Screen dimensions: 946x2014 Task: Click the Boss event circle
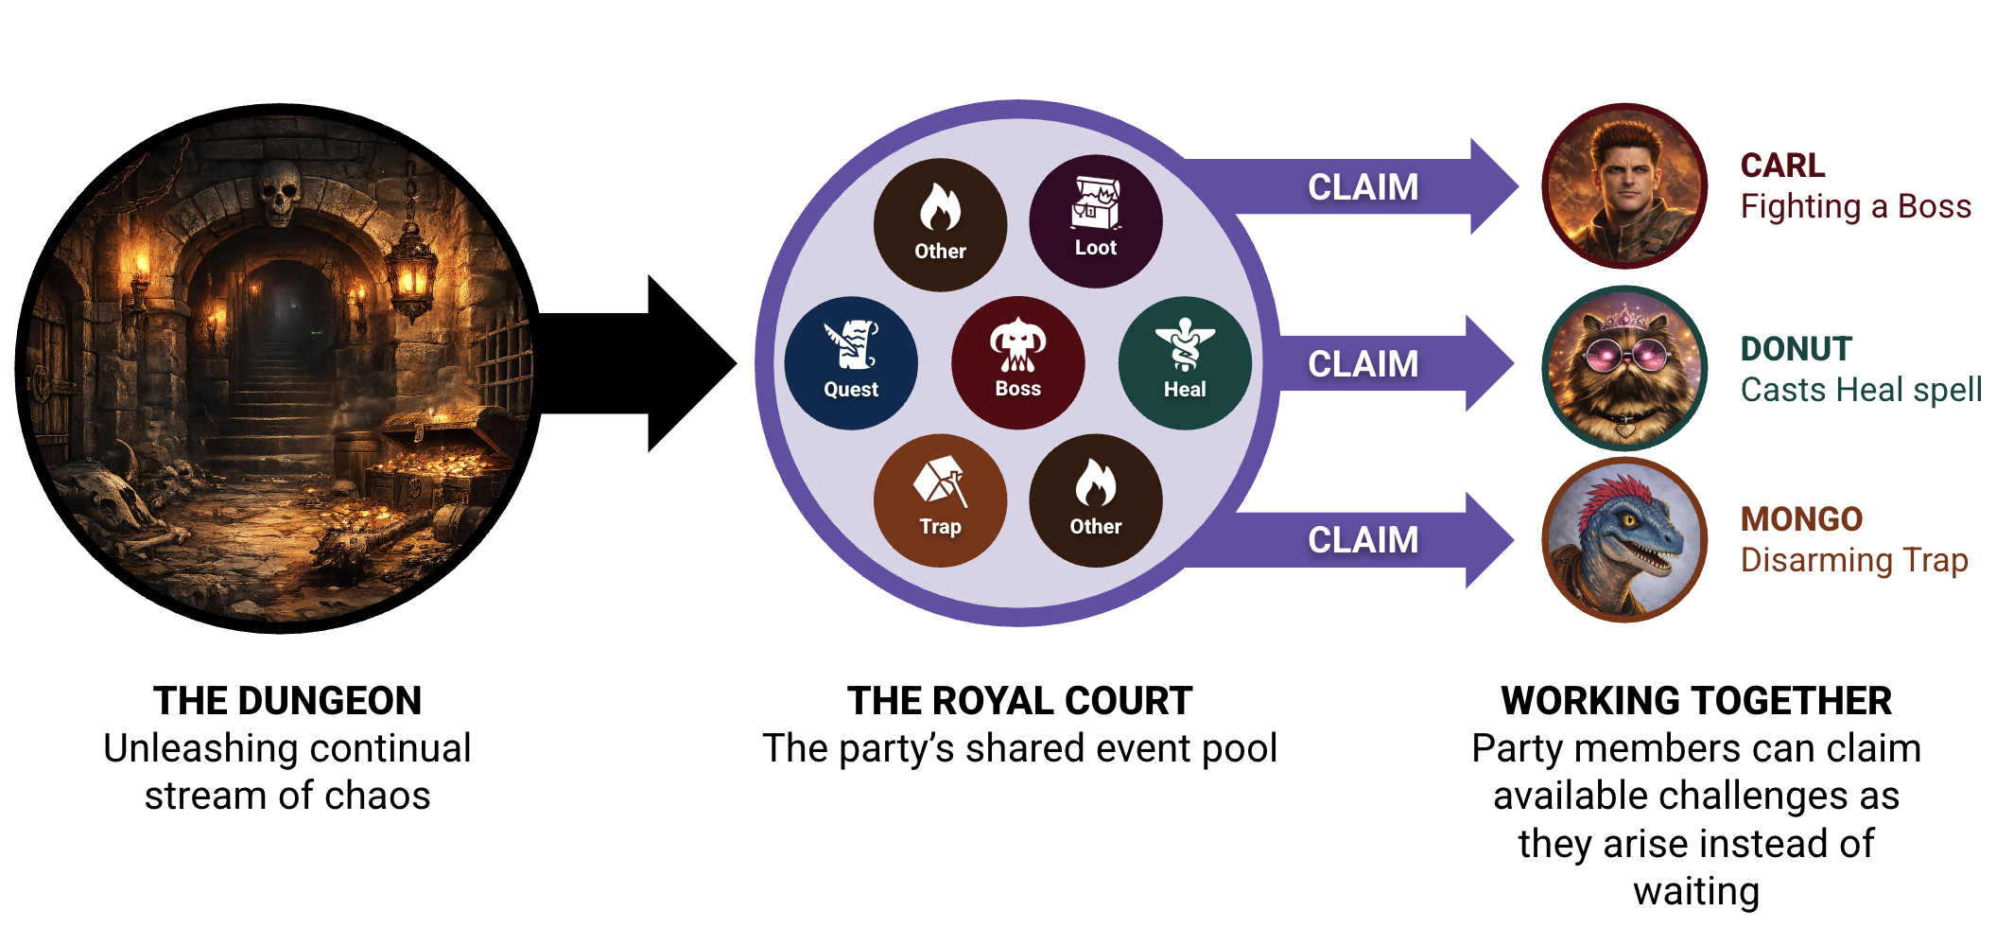coord(1017,362)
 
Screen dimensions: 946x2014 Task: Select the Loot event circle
coord(1095,220)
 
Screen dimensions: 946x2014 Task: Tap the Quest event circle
coord(851,362)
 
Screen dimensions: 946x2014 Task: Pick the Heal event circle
coord(1185,362)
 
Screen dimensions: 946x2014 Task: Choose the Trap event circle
coord(940,500)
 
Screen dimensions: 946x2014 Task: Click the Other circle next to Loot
coord(940,224)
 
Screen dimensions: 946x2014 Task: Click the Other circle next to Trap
coord(1095,500)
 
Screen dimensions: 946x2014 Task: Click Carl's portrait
coord(1624,185)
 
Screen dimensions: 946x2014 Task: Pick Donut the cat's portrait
coord(1624,367)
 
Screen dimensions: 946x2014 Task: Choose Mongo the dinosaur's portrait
coord(1624,539)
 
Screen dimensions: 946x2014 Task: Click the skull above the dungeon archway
coord(280,192)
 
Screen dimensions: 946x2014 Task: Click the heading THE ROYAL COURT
coord(1019,701)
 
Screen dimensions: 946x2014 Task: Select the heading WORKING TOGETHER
coord(1696,701)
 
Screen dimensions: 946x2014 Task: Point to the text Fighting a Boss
coord(1855,206)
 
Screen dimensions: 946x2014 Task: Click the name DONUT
coord(1796,349)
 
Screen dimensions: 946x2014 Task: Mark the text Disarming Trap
coord(1853,560)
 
